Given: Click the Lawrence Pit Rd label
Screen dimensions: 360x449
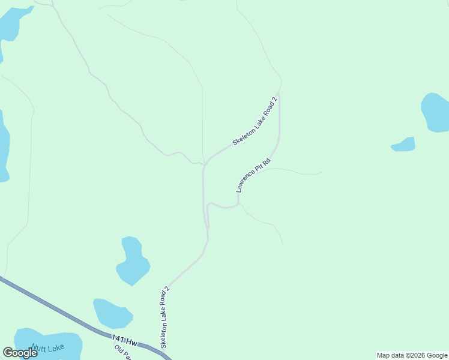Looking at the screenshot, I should point(253,175).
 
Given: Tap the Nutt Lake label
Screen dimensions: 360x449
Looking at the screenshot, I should point(48,348).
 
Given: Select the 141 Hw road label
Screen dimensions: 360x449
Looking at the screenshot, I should point(124,341).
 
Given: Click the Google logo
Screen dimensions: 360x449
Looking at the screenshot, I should point(20,353).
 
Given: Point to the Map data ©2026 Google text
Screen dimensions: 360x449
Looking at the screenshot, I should point(412,355).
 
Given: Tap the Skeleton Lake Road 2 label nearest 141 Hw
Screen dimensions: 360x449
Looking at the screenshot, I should point(164,317).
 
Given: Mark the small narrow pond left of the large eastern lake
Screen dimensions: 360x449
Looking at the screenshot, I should point(404,145).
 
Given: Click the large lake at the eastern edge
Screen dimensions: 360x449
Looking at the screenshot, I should point(436,112).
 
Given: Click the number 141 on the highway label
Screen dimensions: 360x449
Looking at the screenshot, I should point(119,339).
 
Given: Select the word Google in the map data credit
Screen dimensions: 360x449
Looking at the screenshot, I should point(437,355).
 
